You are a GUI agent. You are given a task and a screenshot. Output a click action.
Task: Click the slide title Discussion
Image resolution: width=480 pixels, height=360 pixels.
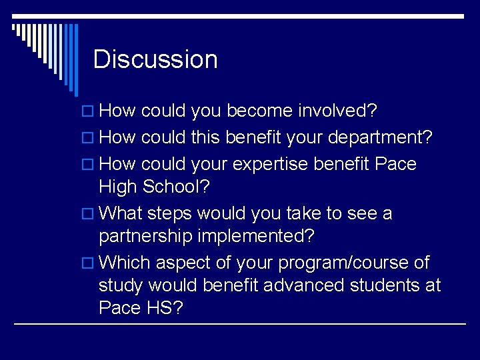tap(155, 59)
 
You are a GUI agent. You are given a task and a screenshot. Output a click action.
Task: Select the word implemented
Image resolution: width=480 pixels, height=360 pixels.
tap(269, 237)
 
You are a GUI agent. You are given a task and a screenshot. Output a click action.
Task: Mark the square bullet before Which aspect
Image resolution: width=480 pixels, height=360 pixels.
tap(91, 263)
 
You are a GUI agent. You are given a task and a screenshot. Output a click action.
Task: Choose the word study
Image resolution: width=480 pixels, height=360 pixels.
tap(121, 285)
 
